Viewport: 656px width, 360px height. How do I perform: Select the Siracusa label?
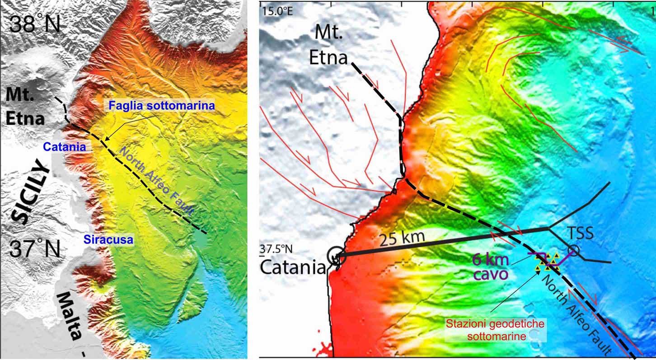click(108, 239)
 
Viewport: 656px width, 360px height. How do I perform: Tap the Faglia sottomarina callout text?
click(161, 107)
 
